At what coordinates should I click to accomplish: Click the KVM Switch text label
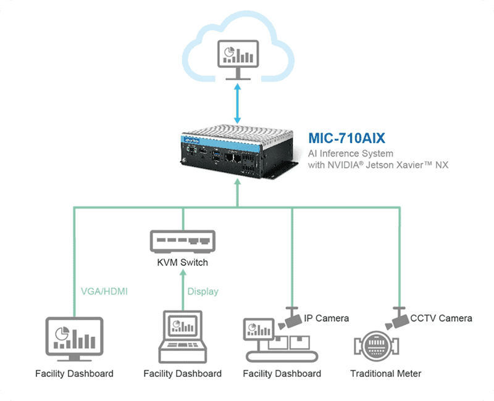click(x=182, y=262)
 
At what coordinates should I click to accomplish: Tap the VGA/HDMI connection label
click(x=104, y=291)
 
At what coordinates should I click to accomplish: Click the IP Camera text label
click(x=327, y=318)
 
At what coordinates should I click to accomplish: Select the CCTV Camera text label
click(x=442, y=318)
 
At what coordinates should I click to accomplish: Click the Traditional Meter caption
click(x=386, y=373)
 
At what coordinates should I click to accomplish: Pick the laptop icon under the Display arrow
click(x=182, y=336)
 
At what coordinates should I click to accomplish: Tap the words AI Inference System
click(x=350, y=152)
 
